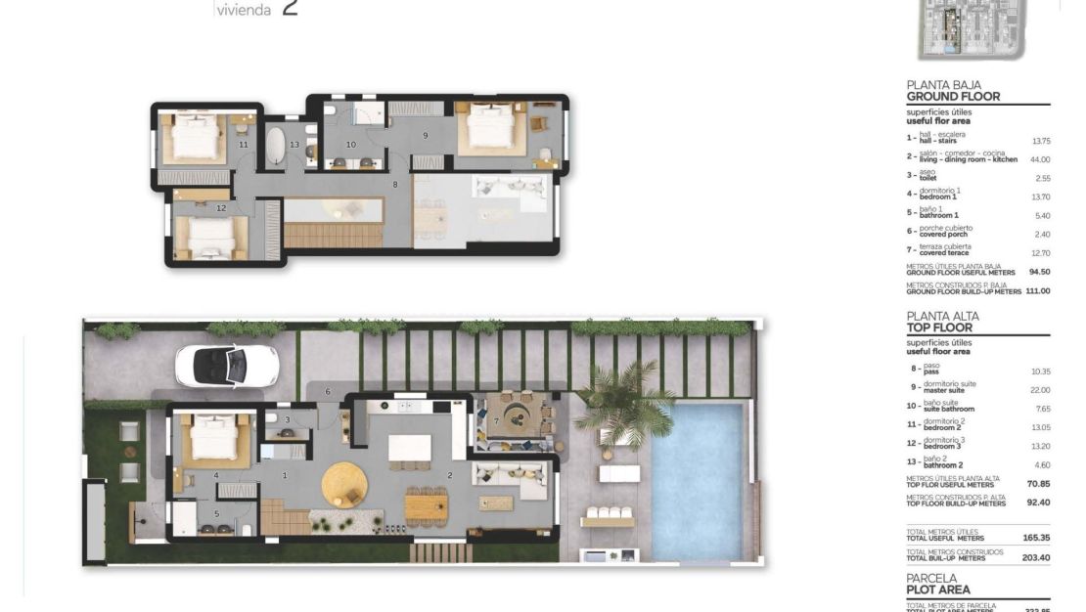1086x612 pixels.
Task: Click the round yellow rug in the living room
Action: pos(344,482)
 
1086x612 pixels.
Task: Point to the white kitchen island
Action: pos(410,449)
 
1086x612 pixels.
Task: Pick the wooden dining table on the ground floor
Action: pos(427,506)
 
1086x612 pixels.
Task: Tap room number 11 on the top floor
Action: pos(243,145)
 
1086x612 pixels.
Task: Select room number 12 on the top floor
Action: pos(221,207)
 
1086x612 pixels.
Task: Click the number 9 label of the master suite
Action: pos(426,135)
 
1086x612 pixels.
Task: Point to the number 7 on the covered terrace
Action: pos(496,421)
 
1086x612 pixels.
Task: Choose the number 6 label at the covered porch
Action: pos(329,391)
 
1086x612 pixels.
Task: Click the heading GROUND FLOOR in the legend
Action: pos(953,97)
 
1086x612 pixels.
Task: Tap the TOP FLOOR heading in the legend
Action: pos(939,328)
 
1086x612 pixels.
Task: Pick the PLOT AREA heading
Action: pos(938,590)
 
